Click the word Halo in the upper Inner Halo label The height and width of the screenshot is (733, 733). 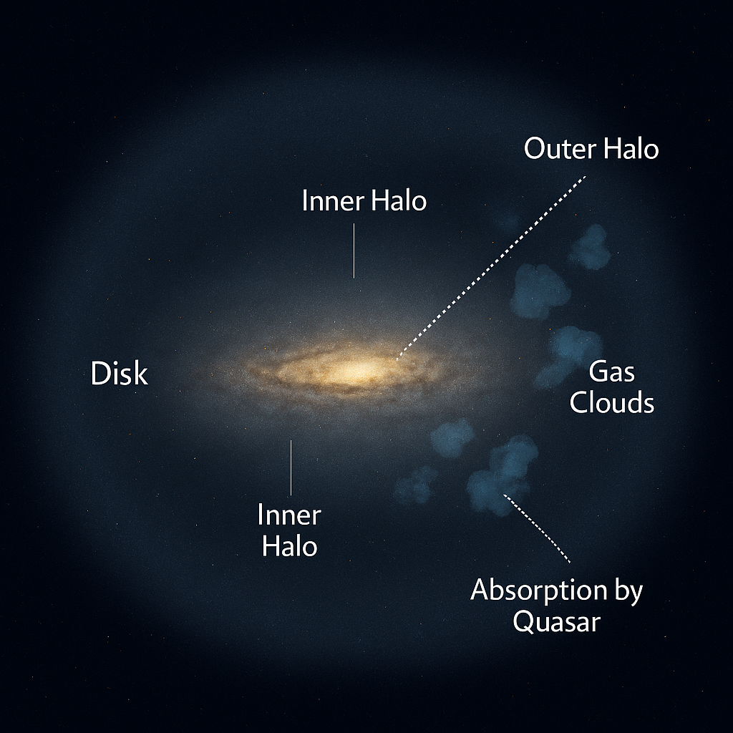tap(397, 201)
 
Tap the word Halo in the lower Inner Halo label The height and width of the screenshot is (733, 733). tap(288, 546)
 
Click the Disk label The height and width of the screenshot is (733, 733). tap(120, 374)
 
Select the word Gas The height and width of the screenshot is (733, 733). tap(611, 372)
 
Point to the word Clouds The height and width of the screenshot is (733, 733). tap(611, 403)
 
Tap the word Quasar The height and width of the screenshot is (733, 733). tap(556, 621)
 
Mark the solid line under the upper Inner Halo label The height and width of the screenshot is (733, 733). tap(354, 250)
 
